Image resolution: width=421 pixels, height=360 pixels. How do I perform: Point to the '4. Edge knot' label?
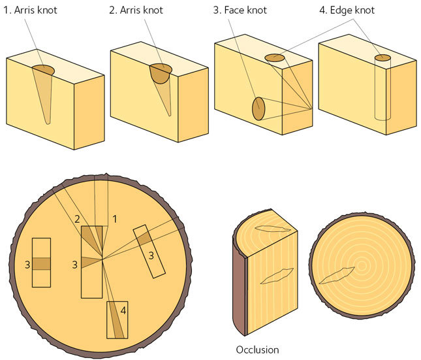click(x=347, y=11)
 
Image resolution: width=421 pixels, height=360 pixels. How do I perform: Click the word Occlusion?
click(x=257, y=350)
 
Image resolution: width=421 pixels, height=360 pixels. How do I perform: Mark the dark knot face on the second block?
click(x=160, y=73)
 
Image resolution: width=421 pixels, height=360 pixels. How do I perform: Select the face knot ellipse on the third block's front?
click(x=258, y=108)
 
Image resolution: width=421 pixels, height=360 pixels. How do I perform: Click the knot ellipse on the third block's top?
click(x=275, y=59)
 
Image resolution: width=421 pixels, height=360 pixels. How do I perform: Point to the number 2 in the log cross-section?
click(x=77, y=219)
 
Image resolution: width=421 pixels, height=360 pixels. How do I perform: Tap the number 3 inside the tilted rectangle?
click(x=151, y=255)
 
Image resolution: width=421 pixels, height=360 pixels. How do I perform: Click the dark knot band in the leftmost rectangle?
click(x=41, y=263)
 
